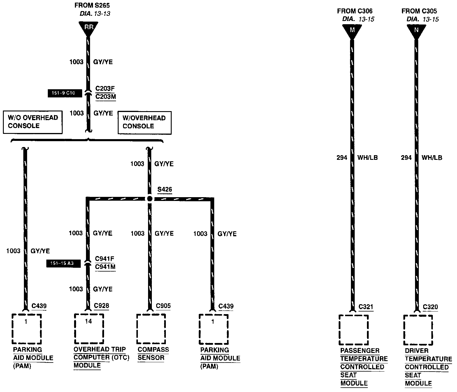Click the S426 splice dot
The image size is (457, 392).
(150, 199)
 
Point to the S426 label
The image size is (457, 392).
(165, 190)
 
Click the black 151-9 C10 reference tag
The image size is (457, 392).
(65, 93)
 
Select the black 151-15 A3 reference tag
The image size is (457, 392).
(63, 263)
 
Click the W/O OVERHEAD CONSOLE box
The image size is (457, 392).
(33, 122)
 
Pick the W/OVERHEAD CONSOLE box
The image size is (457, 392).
(144, 123)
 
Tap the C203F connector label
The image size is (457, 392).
(105, 88)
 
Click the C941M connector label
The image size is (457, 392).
(105, 267)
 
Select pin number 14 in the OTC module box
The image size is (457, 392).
(89, 321)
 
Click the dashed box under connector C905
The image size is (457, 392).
(151, 329)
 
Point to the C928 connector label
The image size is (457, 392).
(102, 306)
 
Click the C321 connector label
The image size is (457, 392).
(366, 307)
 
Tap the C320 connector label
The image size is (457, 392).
(430, 307)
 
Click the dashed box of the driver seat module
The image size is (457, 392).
(418, 330)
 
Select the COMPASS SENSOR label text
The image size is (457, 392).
(153, 353)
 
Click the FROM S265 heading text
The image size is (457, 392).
(92, 5)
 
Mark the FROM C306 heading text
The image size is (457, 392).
(355, 11)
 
